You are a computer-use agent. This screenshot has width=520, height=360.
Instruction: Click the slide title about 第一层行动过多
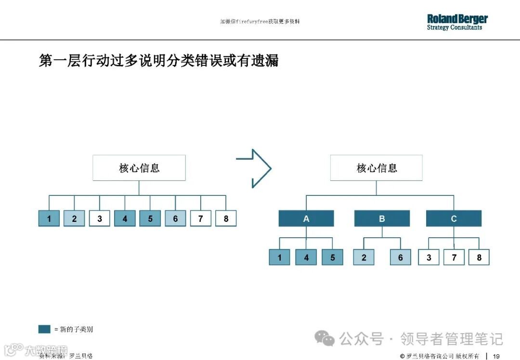coord(158,61)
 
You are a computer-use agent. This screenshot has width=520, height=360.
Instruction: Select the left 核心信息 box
coord(139,168)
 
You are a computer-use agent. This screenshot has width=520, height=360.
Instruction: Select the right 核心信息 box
coord(376,168)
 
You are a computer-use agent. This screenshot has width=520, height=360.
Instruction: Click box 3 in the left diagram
coord(100,219)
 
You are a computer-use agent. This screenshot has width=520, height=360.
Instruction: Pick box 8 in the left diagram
coord(226,219)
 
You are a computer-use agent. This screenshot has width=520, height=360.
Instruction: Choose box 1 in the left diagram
coord(49,219)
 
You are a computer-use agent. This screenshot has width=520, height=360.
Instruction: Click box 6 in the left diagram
coord(175,219)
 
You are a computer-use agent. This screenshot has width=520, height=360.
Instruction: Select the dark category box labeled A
coord(306,219)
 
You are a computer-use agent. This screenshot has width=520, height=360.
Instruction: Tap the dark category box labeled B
coord(382,219)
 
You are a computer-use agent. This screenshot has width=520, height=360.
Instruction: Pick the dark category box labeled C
coord(454,219)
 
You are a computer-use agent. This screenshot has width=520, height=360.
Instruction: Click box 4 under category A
coord(306,257)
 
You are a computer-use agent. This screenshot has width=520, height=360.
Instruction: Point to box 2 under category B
coord(364,257)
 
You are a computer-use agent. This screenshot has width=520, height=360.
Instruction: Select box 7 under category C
coord(454,257)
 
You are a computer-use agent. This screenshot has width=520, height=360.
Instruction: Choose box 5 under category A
coord(333,257)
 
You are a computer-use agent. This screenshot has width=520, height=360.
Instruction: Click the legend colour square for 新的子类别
coord(44,329)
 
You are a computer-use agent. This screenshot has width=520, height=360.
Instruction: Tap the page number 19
coord(496,356)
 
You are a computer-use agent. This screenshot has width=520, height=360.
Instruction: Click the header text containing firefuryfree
coord(260,22)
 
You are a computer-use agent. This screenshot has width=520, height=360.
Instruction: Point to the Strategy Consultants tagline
coord(454,28)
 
